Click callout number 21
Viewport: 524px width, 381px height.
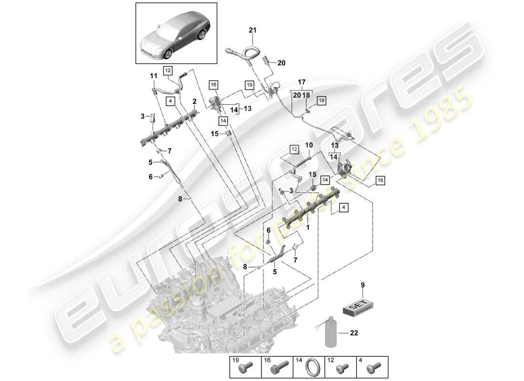252,30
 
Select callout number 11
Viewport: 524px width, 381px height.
154,76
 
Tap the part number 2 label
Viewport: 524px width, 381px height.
194,101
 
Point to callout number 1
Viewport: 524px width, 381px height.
308,228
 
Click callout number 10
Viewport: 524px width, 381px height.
309,144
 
